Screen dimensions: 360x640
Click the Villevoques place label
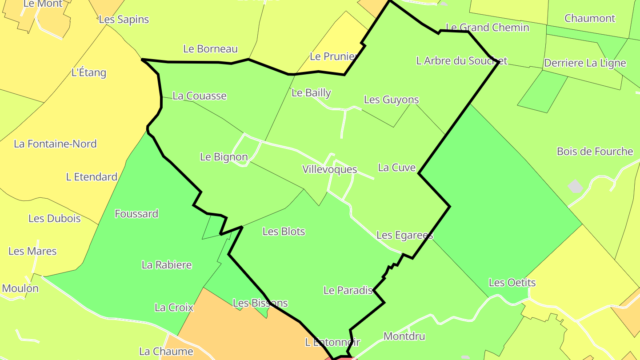click(329, 169)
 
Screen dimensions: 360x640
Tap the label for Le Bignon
click(224, 157)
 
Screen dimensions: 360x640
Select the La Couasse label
click(200, 96)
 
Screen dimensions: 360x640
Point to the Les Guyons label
click(391, 100)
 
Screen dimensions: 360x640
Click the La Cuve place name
click(396, 168)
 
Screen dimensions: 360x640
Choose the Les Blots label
click(284, 232)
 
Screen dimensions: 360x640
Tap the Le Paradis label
click(348, 291)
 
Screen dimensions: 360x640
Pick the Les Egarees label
click(404, 235)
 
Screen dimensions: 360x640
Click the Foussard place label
click(136, 214)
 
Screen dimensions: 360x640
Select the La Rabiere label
click(167, 265)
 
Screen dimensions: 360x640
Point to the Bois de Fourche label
click(595, 152)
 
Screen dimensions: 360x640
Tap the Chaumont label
click(590, 19)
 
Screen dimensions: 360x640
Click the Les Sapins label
click(124, 20)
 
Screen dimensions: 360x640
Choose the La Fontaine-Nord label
click(55, 144)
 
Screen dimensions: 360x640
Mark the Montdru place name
click(404, 336)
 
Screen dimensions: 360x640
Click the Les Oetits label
click(512, 283)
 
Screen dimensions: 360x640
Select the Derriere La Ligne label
click(585, 63)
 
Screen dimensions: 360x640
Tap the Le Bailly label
click(311, 93)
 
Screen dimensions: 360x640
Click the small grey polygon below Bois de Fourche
click(575, 186)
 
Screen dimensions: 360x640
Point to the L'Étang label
click(89, 72)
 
